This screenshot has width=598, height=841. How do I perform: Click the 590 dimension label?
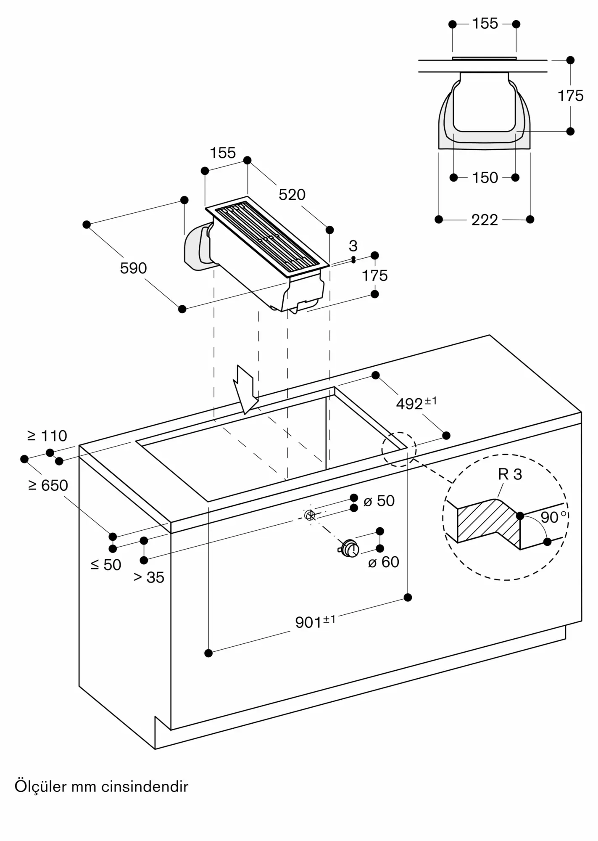click(133, 268)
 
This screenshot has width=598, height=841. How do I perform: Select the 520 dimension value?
click(292, 195)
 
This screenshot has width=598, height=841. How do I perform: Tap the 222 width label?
click(485, 220)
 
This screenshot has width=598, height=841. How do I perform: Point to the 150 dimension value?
click(485, 178)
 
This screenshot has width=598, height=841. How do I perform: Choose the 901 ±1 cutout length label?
click(315, 621)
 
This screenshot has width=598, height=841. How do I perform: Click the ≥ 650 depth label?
click(48, 485)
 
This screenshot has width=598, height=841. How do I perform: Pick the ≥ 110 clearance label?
click(47, 436)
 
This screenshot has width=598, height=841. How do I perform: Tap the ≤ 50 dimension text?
click(106, 565)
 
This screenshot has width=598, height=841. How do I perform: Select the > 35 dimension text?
click(149, 577)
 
